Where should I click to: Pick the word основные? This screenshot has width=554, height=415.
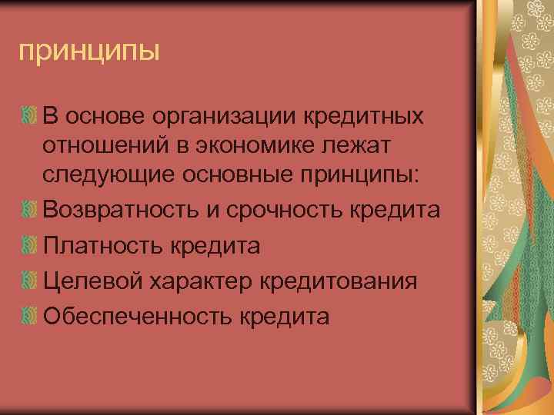pyautogui.click(x=240, y=176)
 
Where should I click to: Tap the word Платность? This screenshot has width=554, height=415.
pyautogui.click(x=92, y=246)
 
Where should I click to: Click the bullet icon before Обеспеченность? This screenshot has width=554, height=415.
pyautogui.click(x=28, y=316)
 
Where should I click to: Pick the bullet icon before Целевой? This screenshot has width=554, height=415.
pyautogui.click(x=28, y=281)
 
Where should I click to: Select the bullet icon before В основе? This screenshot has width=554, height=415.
pyautogui.click(x=28, y=117)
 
